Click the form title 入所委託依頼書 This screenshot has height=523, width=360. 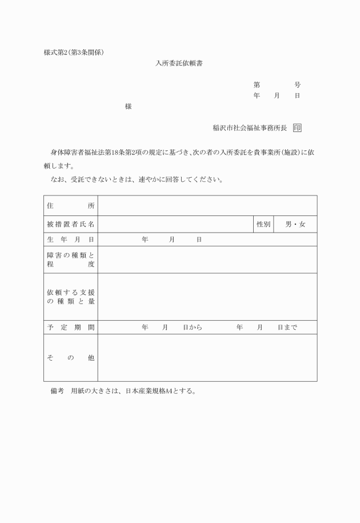(180, 63)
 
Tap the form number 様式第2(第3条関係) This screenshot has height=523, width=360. (74, 53)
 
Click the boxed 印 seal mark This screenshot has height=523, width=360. (297, 128)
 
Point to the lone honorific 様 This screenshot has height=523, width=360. (129, 106)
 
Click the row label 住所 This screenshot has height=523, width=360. (70, 206)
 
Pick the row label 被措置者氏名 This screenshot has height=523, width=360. (70, 225)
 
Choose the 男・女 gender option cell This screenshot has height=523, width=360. (295, 225)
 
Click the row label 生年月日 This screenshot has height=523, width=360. (70, 239)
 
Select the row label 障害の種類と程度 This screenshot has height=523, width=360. (70, 259)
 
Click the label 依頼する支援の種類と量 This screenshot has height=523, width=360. (70, 297)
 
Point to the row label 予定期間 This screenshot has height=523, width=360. (70, 328)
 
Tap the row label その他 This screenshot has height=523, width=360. (70, 358)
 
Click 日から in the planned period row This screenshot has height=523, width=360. (193, 328)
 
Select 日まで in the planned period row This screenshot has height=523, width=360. (287, 328)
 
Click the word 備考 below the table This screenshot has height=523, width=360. (57, 392)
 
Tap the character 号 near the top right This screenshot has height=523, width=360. (297, 85)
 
